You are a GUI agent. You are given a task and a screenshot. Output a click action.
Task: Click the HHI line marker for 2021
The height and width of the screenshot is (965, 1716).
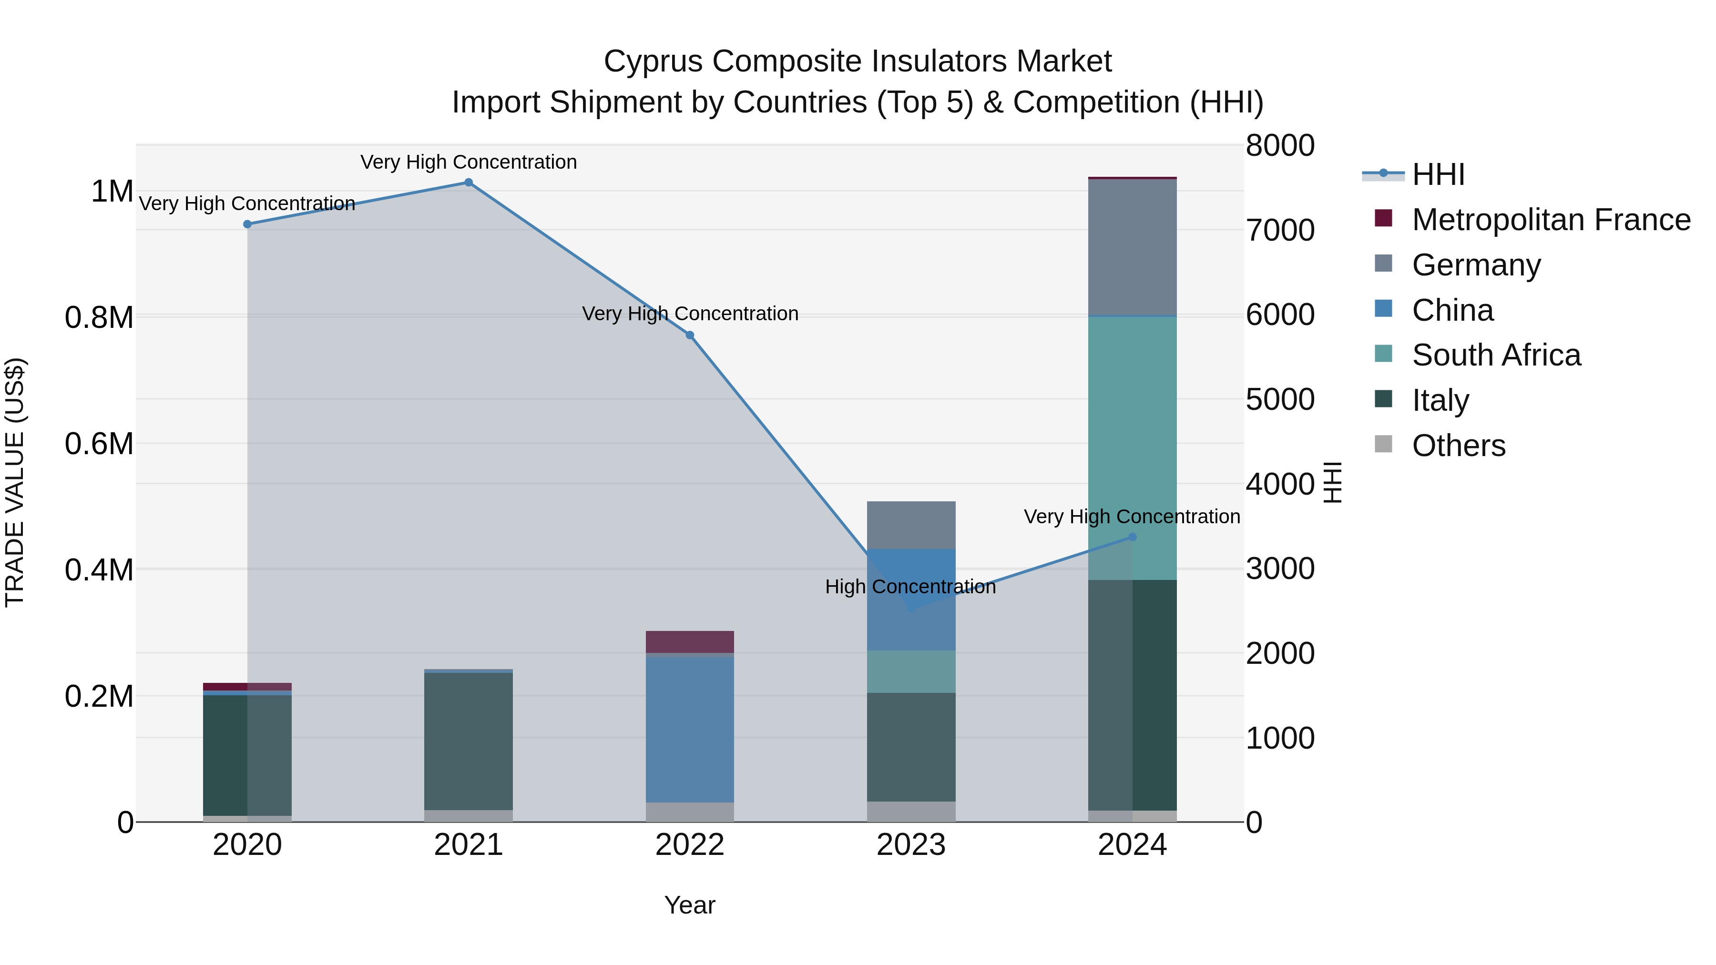pyautogui.click(x=468, y=183)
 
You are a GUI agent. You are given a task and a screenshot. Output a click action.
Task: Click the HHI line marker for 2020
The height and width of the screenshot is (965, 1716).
pyautogui.click(x=247, y=224)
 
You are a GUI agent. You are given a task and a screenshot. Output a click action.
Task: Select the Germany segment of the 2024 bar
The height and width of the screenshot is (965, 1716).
pyautogui.click(x=1133, y=247)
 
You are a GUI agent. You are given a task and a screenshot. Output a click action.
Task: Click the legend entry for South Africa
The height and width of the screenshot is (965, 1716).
pyautogui.click(x=1495, y=355)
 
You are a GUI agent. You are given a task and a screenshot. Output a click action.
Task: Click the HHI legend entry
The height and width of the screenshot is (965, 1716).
pyautogui.click(x=1438, y=174)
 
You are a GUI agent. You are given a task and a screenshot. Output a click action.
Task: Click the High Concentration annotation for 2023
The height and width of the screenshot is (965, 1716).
pyautogui.click(x=910, y=587)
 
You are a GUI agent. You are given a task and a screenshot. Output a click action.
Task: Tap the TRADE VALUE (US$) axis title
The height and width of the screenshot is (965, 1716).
pyautogui.click(x=15, y=482)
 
